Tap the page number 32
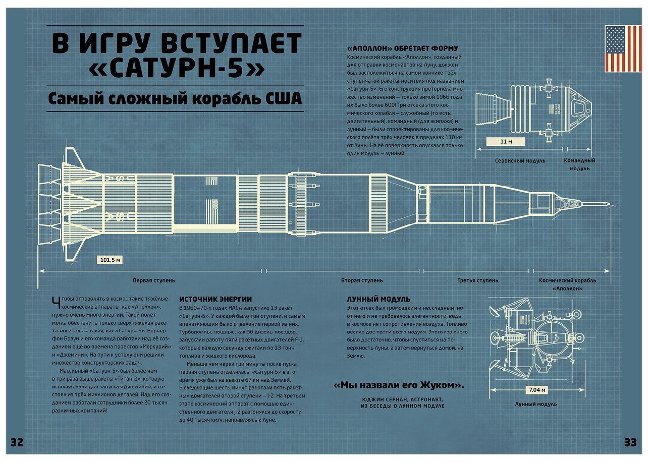[x=17, y=443]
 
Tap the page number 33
[x=630, y=443]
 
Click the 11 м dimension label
[x=506, y=142]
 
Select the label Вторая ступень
[x=362, y=280]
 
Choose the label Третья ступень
[x=477, y=280]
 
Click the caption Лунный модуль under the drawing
[x=536, y=405]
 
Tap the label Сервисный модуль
[x=520, y=161]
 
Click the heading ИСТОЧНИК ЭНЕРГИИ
[x=215, y=299]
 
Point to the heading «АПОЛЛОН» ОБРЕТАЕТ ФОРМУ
[x=403, y=48]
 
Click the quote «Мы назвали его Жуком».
[x=399, y=386]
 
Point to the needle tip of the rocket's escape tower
[x=608, y=204]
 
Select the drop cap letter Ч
[x=55, y=302]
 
